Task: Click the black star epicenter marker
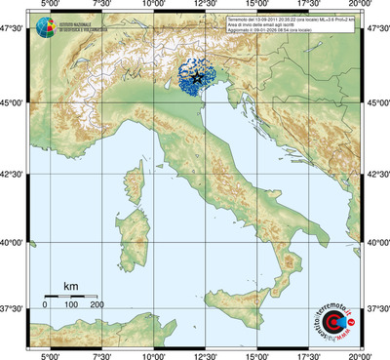197,76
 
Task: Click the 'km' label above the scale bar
70,286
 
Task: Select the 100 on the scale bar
70,305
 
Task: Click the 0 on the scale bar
45,305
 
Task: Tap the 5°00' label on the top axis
46,5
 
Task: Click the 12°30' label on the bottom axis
205,355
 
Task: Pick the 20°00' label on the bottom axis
362,355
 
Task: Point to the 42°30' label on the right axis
376,174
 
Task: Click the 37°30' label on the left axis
14,308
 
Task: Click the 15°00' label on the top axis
256,5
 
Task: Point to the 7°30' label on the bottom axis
98,355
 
